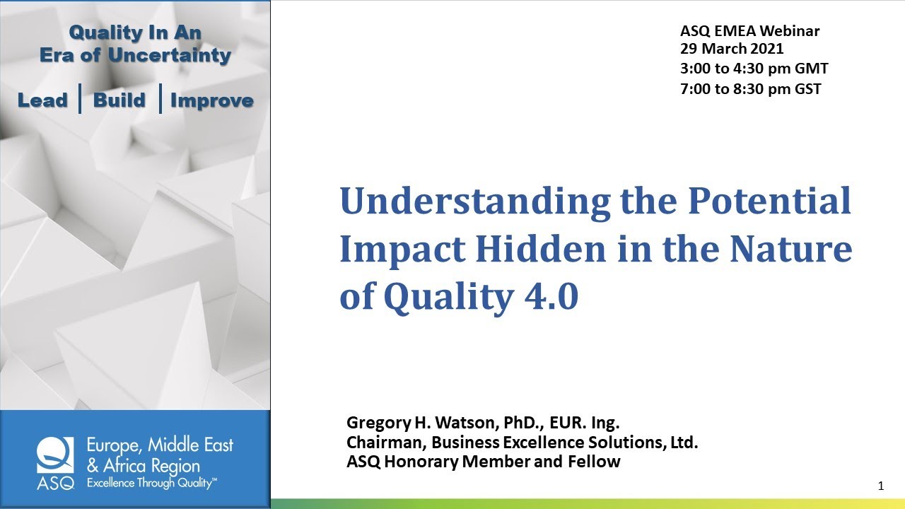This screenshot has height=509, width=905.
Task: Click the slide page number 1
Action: click(x=881, y=486)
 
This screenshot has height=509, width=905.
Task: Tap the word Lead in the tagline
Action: click(x=42, y=100)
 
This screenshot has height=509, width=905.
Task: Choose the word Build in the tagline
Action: click(x=119, y=100)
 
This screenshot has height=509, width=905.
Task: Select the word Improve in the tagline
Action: click(x=211, y=100)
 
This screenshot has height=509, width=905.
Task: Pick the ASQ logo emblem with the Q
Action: click(x=54, y=455)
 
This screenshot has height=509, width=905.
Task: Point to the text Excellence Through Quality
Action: click(x=151, y=484)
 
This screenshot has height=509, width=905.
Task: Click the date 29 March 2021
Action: click(x=732, y=49)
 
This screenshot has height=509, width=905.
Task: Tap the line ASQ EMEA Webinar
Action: click(x=749, y=31)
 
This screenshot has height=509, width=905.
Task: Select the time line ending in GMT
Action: click(x=754, y=69)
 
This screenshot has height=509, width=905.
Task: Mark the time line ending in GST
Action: click(x=750, y=88)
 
